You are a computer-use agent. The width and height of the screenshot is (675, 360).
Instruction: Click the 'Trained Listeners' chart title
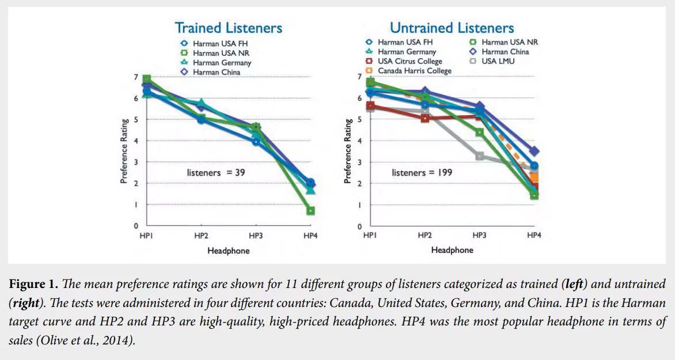point(228,28)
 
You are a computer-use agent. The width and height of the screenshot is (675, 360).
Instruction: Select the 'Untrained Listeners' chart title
point(452,28)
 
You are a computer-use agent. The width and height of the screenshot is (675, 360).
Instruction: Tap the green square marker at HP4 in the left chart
point(310,211)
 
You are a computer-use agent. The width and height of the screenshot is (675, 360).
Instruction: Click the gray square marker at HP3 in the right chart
point(479,156)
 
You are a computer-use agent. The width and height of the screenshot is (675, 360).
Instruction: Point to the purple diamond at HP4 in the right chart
point(534,151)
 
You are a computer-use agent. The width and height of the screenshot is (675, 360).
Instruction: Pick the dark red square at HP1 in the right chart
point(370,106)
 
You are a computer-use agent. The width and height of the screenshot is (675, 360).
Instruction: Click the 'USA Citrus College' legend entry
point(409,61)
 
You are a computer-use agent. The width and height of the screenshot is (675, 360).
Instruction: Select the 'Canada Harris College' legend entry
point(414,71)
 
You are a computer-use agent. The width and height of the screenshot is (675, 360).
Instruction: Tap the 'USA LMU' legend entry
point(498,61)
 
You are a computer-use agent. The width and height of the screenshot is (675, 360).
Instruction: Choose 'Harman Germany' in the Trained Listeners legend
point(222,62)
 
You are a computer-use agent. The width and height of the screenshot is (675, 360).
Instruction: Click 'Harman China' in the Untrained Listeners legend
point(505,52)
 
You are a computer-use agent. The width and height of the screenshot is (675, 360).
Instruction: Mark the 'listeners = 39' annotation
point(216,172)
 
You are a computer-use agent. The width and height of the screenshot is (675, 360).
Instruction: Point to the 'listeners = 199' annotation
point(422,172)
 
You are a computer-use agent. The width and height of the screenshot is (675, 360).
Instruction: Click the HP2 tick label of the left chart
point(201,236)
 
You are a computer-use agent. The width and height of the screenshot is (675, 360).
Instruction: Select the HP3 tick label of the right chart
point(479,235)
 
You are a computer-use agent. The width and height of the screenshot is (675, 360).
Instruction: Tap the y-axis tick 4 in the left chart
point(136,141)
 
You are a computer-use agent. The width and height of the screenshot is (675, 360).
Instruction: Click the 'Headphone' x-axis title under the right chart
point(452,250)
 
